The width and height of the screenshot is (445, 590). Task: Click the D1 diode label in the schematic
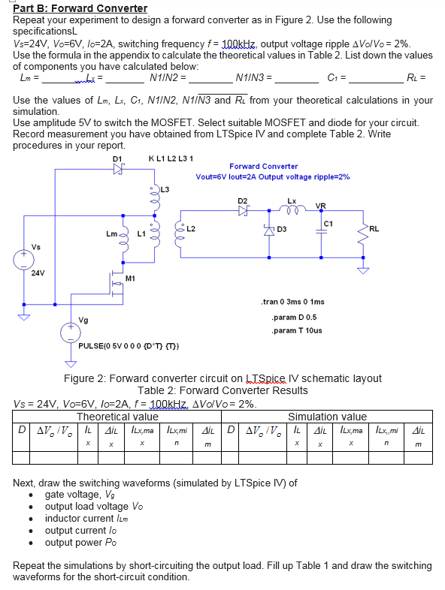[x=117, y=158]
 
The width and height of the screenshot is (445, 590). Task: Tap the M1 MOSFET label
[x=130, y=278]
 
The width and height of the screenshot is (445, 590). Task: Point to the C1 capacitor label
[x=328, y=223]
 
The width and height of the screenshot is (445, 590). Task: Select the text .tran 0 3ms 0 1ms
[x=292, y=302]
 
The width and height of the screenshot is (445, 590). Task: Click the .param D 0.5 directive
[x=289, y=317]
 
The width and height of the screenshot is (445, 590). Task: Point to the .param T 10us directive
[x=296, y=330]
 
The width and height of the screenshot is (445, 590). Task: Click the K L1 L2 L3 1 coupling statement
[x=171, y=158]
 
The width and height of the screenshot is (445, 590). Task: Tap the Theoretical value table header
[x=117, y=417]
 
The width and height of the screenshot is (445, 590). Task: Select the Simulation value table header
[x=327, y=417]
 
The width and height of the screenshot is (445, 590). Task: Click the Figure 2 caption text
[x=222, y=378]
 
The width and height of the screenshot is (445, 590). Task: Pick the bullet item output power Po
[x=82, y=542]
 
